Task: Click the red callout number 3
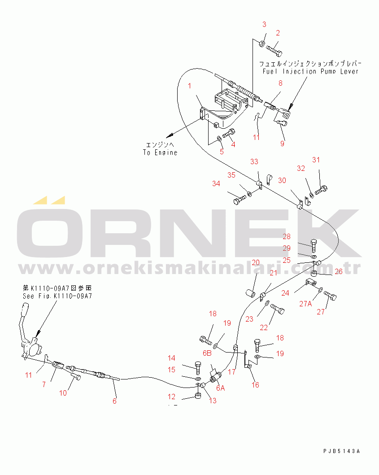264,24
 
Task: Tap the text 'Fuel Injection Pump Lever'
310,71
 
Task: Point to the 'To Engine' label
160,153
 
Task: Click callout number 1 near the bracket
190,86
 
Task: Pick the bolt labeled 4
229,133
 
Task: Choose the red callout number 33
254,161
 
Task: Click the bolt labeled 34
240,200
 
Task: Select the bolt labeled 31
321,190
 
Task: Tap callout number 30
282,180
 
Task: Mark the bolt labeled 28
314,246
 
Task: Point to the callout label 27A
305,304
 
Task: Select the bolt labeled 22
277,309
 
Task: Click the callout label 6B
207,353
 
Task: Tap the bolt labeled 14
198,368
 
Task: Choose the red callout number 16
255,385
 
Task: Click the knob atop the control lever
25,310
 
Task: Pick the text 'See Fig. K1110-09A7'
57,296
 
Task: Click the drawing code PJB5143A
341,451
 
